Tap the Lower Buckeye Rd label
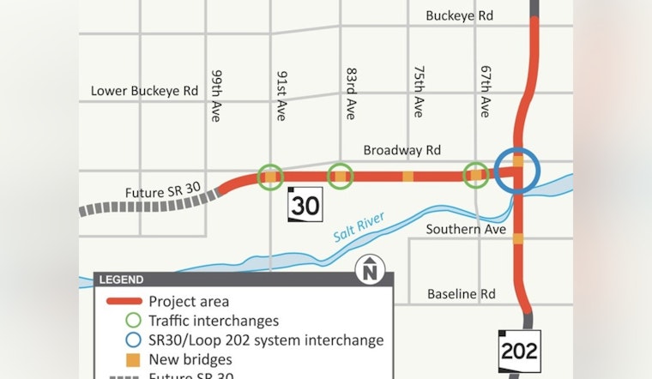tap(144, 91)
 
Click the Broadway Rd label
tap(401, 150)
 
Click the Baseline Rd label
tap(462, 294)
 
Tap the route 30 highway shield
tap(305, 204)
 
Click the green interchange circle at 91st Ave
tap(270, 177)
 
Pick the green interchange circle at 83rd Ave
tap(341, 177)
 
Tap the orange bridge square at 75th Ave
tap(407, 177)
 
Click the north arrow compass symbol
tap(369, 270)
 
